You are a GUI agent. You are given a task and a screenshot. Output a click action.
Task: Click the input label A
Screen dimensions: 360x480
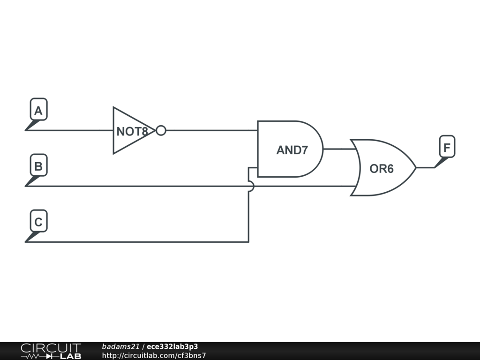click(x=38, y=111)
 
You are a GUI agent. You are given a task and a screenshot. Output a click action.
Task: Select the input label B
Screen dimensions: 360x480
click(x=38, y=166)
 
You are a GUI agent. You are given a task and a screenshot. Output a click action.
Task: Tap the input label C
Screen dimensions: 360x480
click(x=38, y=222)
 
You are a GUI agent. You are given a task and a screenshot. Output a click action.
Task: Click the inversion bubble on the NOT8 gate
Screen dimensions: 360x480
click(x=161, y=130)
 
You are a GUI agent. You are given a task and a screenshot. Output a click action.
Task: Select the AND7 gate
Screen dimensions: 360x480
click(x=290, y=149)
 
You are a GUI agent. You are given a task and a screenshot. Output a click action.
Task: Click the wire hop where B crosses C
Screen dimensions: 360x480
click(x=250, y=186)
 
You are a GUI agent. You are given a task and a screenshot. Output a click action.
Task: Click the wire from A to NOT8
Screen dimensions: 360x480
click(x=70, y=130)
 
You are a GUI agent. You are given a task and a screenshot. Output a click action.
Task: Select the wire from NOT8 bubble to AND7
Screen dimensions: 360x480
click(x=211, y=130)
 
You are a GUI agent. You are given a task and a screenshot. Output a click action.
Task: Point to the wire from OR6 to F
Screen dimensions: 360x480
click(x=425, y=167)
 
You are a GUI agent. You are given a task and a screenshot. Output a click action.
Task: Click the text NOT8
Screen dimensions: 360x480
click(x=132, y=132)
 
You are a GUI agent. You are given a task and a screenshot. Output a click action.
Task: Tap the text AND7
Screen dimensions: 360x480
click(x=292, y=150)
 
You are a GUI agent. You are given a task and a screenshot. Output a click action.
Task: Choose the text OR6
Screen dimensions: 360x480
click(x=382, y=169)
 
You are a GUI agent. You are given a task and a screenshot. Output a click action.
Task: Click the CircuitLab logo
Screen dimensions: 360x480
click(x=51, y=351)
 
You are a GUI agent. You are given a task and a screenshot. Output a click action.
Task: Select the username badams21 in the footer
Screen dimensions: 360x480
click(x=120, y=347)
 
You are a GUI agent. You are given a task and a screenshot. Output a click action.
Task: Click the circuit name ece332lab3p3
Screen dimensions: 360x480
click(x=172, y=347)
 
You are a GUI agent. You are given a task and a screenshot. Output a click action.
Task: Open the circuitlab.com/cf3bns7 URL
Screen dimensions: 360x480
click(x=154, y=355)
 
